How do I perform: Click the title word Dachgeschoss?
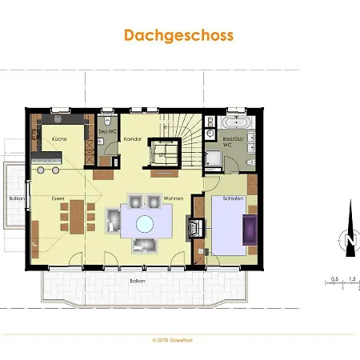[x=178, y=35]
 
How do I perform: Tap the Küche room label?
[x=59, y=138]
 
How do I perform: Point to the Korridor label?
[x=133, y=138]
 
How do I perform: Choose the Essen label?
[x=58, y=198]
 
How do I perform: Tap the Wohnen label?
[x=174, y=198]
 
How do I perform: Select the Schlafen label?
[x=233, y=198]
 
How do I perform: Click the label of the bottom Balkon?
[x=137, y=281]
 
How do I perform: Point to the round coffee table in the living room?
[x=146, y=223]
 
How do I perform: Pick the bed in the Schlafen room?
[x=228, y=226]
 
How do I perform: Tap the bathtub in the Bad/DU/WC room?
[x=237, y=124]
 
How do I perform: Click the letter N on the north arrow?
[x=349, y=239]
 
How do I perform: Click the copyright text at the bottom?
[x=179, y=339]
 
